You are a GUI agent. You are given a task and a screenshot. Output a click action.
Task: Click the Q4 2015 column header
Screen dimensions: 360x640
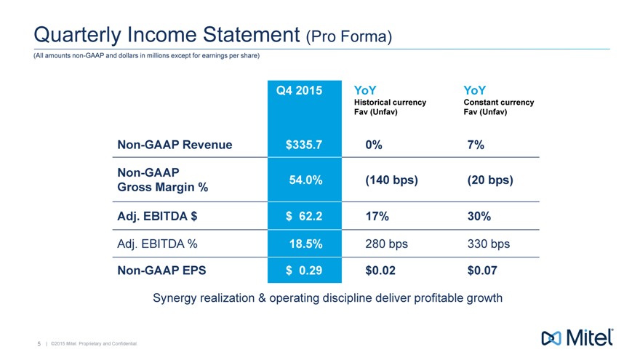(304, 91)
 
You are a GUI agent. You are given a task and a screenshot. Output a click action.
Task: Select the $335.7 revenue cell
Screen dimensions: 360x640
(304, 145)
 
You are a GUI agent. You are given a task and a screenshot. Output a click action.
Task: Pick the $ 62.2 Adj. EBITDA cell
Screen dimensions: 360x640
(304, 216)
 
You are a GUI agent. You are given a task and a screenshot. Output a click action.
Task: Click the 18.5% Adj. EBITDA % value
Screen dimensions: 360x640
(305, 244)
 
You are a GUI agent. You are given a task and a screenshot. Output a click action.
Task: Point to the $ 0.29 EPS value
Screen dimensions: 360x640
(304, 271)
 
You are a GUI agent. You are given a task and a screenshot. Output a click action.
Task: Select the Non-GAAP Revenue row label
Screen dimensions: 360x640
(175, 145)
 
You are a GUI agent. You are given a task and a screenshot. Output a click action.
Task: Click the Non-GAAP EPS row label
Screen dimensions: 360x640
(161, 271)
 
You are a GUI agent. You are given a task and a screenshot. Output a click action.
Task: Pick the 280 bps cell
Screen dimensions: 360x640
(386, 244)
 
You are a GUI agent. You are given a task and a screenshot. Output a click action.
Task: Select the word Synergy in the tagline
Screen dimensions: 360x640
(176, 298)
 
